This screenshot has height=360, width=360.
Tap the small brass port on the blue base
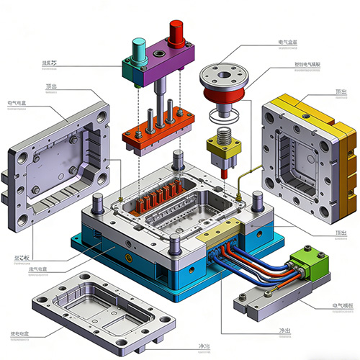[x=130, y=256]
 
